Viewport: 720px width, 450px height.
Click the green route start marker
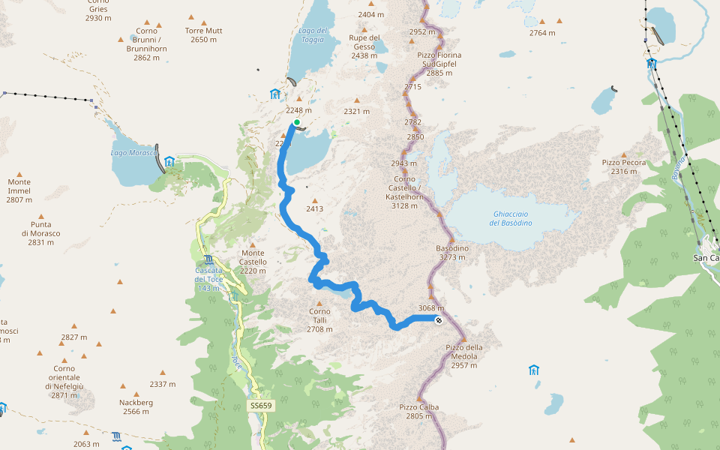pyautogui.click(x=297, y=122)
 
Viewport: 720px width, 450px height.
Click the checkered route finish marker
pyautogui.click(x=439, y=320)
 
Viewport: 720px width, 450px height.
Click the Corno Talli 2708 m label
pyautogui.click(x=319, y=320)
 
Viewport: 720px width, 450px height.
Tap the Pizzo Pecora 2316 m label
pyautogui.click(x=624, y=166)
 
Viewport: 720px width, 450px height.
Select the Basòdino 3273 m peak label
pyautogui.click(x=452, y=253)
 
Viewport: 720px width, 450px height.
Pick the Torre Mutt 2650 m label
pyautogui.click(x=203, y=35)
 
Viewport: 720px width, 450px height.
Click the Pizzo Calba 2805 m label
pyautogui.click(x=418, y=411)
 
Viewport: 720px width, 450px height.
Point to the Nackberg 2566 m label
pyautogui.click(x=137, y=406)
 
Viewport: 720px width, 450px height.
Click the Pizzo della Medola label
pyautogui.click(x=464, y=352)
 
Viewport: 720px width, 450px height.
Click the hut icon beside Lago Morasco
pyautogui.click(x=169, y=161)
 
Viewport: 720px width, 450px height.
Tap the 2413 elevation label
pyautogui.click(x=314, y=208)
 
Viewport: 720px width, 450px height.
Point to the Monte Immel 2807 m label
pyautogui.click(x=19, y=190)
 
